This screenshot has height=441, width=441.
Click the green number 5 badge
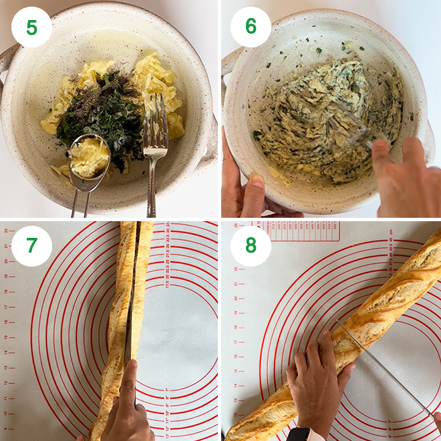pyautogui.click(x=31, y=27)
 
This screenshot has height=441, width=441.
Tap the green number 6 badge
pyautogui.click(x=251, y=27)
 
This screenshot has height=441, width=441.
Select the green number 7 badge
pyautogui.click(x=31, y=246)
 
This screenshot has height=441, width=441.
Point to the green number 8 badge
pyautogui.click(x=251, y=246)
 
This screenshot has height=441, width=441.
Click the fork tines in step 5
pyautogui.click(x=156, y=120)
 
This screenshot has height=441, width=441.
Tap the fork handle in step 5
pyautogui.click(x=152, y=187)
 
